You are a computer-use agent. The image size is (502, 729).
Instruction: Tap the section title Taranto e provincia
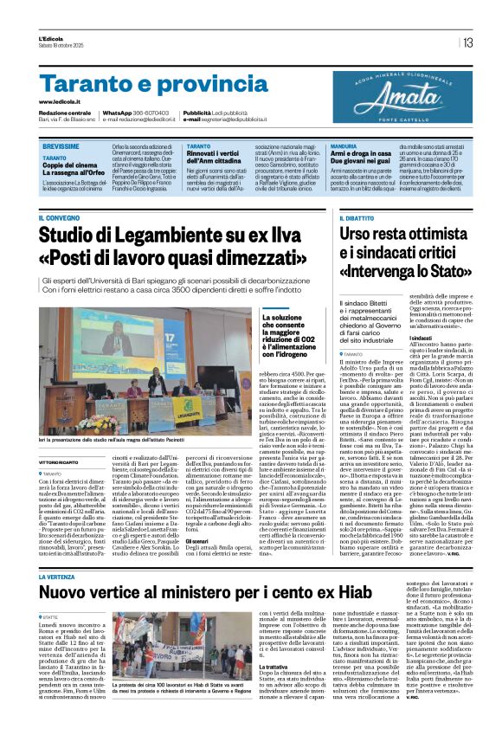tap(142, 84)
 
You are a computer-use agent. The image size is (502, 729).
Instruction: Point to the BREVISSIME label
tap(61, 147)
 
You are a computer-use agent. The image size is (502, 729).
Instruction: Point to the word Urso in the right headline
tap(358, 233)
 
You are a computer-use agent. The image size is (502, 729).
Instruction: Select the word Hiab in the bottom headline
tap(319, 592)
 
